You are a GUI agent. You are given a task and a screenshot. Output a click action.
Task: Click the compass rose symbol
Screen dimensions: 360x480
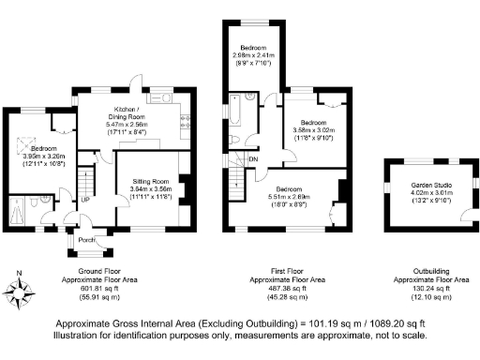point(25,288)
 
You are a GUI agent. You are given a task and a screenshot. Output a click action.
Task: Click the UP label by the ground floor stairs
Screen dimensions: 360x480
point(85,200)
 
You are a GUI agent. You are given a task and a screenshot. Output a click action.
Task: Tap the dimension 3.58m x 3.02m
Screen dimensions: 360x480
point(314,130)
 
